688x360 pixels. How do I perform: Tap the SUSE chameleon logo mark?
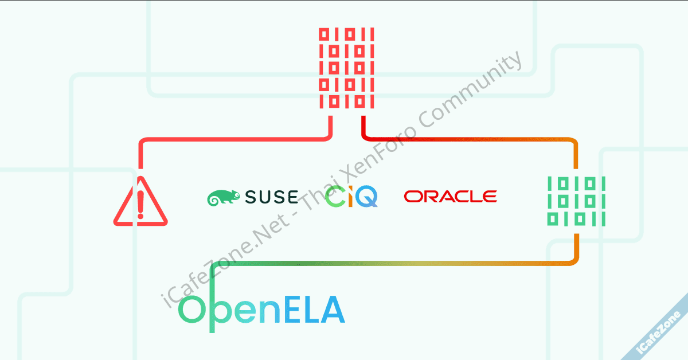pos(223,197)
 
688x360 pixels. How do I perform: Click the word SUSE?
pos(271,197)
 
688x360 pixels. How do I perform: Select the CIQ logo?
pos(351,196)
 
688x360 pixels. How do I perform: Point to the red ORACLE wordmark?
pos(450,197)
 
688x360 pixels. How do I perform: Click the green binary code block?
pos(576,201)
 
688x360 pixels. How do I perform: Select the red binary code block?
pos(346,68)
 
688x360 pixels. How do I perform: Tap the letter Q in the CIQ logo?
pos(367,196)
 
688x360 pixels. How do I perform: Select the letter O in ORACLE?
pos(412,197)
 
